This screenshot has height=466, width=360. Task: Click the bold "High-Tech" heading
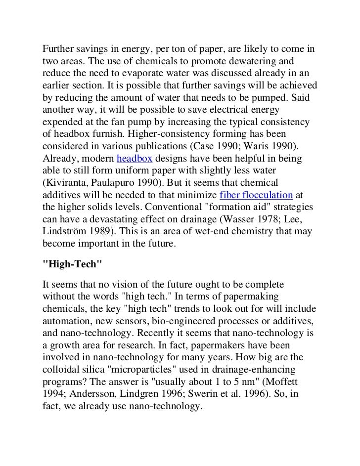point(73,264)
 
